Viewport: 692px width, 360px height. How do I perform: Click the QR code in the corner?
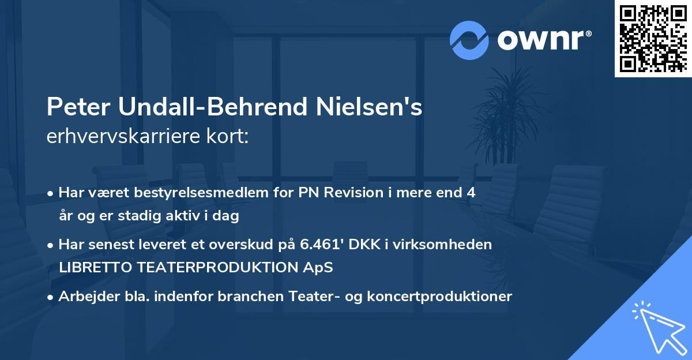[653, 39]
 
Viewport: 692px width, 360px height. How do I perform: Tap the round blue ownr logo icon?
[469, 40]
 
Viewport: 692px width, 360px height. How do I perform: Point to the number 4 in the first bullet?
[471, 193]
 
